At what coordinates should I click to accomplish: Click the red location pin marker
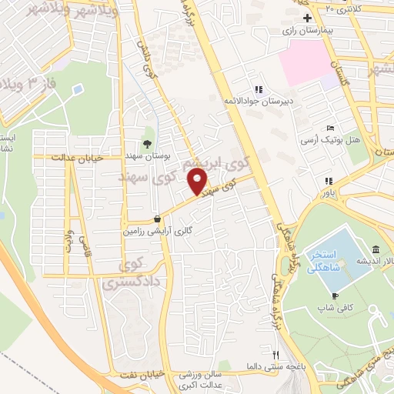click(x=199, y=182)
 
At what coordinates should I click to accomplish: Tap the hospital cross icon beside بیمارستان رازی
click(x=308, y=18)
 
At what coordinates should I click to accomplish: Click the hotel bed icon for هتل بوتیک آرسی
click(x=330, y=128)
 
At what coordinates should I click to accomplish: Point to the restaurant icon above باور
click(x=328, y=181)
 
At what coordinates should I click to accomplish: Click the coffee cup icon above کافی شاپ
click(x=335, y=295)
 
